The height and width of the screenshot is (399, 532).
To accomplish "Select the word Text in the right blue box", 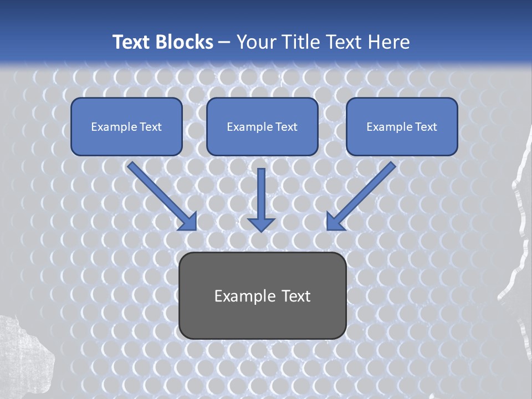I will click(x=426, y=127).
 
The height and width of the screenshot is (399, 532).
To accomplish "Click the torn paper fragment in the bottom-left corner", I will click(x=25, y=355).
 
